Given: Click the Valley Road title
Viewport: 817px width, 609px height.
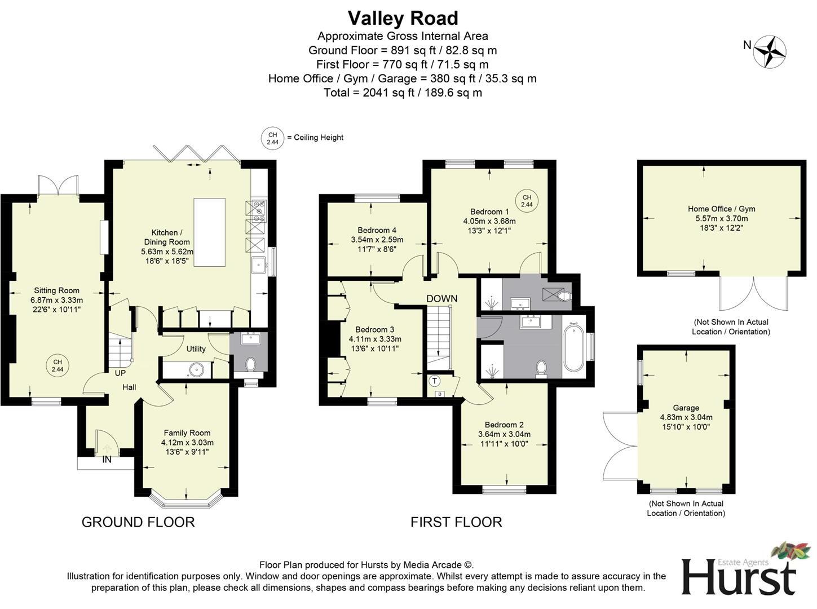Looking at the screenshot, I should click(403, 19).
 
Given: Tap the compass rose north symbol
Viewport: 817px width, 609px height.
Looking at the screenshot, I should click(770, 51).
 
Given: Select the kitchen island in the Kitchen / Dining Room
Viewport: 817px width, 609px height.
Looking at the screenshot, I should click(209, 232).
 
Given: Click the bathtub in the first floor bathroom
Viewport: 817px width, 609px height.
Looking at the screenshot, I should click(573, 347).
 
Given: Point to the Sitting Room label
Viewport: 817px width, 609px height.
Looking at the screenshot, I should click(56, 291).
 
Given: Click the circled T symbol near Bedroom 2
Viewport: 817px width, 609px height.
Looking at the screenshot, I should click(435, 381).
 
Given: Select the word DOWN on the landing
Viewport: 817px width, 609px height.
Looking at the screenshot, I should click(441, 298).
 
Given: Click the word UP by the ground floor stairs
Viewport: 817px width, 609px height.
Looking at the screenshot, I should click(120, 373).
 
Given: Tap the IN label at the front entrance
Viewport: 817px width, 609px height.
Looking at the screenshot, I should click(107, 460).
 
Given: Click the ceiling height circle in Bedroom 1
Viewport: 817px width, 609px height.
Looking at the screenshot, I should click(527, 201).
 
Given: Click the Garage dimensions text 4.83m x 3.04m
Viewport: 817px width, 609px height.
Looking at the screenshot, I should click(686, 417).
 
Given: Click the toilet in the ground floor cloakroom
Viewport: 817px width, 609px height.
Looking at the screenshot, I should click(251, 364).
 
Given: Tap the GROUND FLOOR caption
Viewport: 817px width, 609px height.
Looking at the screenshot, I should click(138, 522).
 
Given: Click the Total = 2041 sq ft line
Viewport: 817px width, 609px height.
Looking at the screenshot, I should click(403, 92).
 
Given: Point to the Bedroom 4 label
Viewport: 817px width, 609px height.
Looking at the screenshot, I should click(377, 230).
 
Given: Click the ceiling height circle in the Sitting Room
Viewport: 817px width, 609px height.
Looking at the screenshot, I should click(57, 365).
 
